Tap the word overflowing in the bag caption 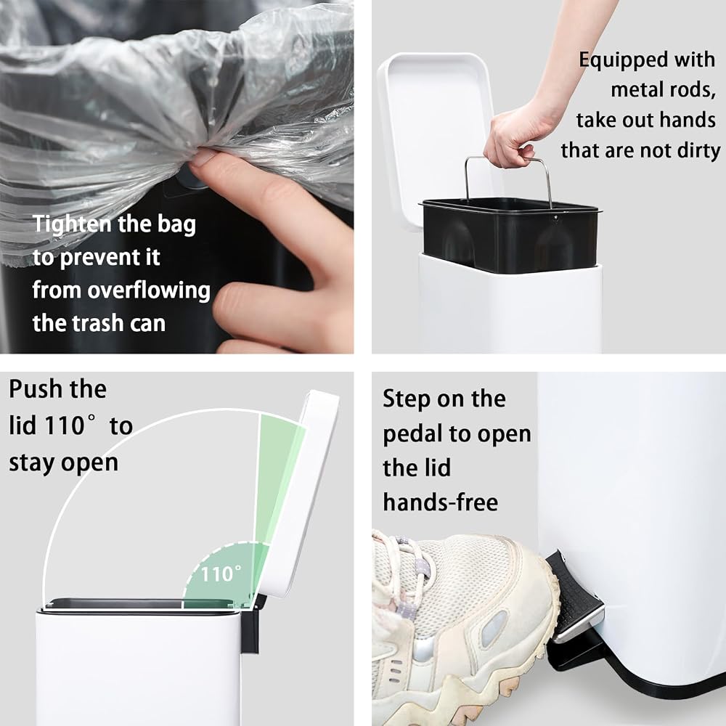tap(149, 291)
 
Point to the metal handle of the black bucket tap(508, 160)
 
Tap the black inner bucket tap(510, 234)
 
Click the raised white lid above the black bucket tap(434, 134)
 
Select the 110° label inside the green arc tap(221, 574)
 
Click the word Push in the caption tap(35, 389)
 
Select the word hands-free tap(441, 502)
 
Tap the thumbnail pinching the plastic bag tap(204, 157)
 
